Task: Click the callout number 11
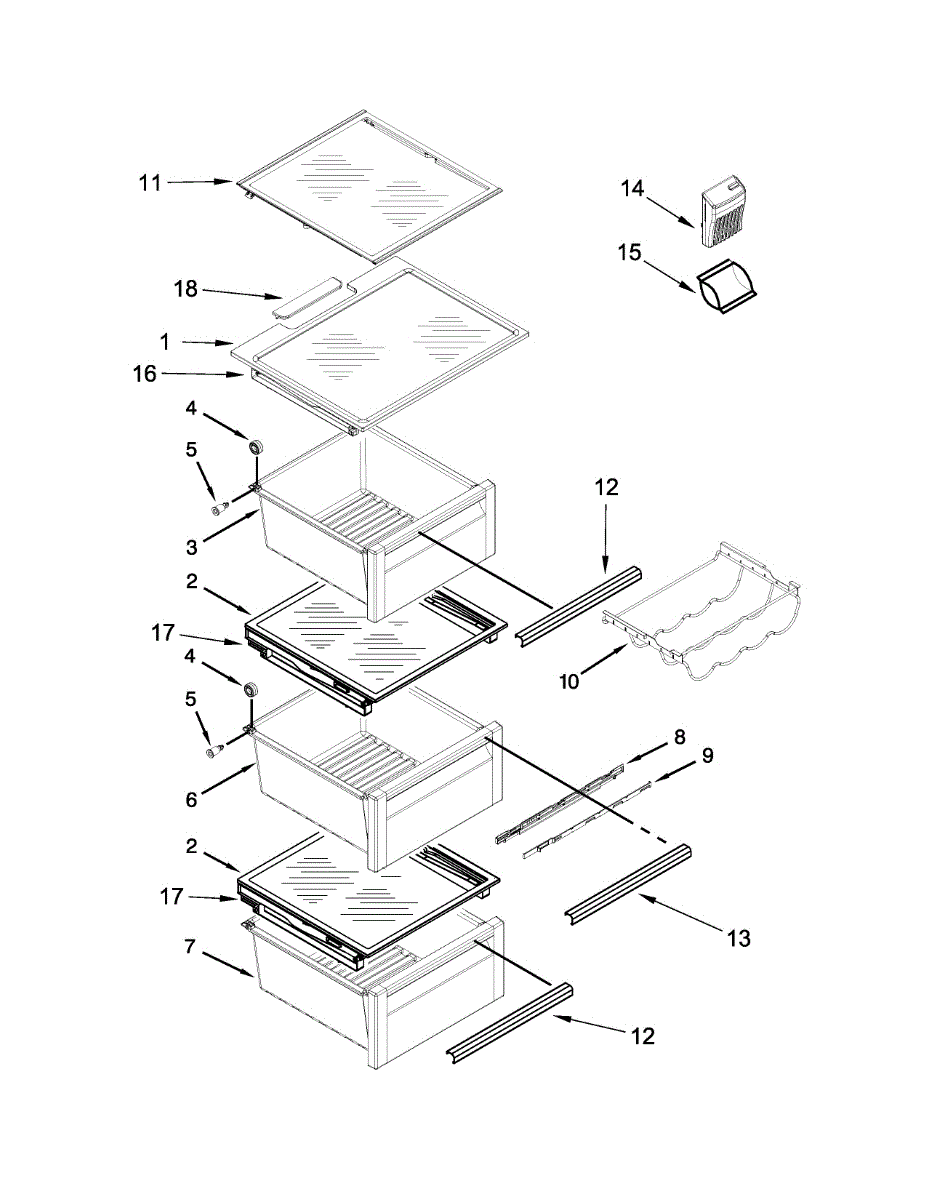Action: [149, 182]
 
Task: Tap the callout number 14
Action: [632, 187]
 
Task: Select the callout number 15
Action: [629, 253]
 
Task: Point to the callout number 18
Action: [186, 290]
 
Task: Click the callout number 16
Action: [145, 374]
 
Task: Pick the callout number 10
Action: [569, 683]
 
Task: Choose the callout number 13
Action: [738, 938]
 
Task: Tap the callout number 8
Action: [679, 738]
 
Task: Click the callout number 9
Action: [707, 756]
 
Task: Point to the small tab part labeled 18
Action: [307, 301]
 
